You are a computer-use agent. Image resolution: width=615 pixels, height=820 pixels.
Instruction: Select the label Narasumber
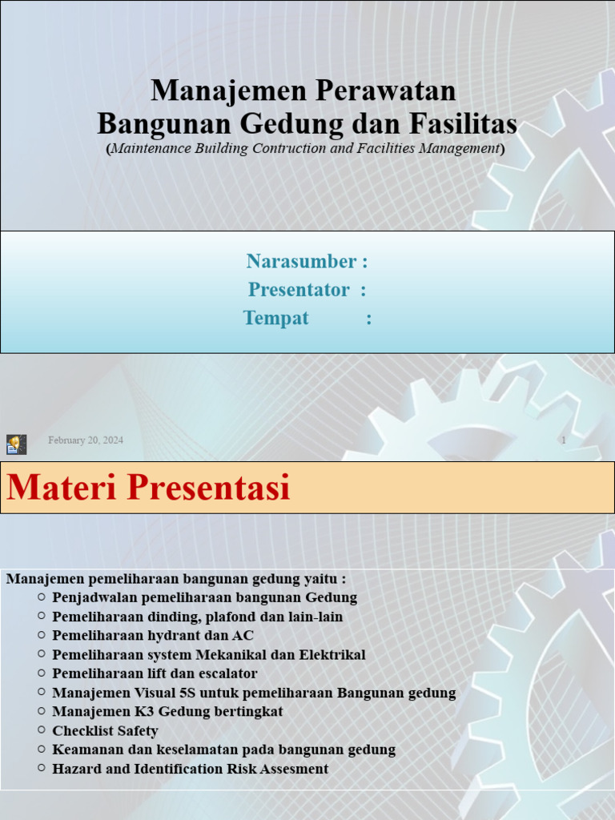[301, 261]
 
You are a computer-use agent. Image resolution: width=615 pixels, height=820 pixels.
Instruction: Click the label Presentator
[299, 290]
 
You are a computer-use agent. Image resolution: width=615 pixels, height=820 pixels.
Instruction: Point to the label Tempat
[275, 318]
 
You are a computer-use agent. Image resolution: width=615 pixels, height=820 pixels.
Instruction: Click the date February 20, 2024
[86, 440]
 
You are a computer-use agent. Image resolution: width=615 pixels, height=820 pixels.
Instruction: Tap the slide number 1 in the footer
[564, 440]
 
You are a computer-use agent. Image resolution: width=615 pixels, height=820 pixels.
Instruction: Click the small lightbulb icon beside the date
[17, 444]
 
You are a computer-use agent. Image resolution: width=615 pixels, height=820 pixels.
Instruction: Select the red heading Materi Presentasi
[148, 488]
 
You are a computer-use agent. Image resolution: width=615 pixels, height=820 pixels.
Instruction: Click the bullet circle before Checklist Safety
[41, 730]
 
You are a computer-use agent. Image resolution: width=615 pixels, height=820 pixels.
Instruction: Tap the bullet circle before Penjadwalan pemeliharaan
[41, 597]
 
